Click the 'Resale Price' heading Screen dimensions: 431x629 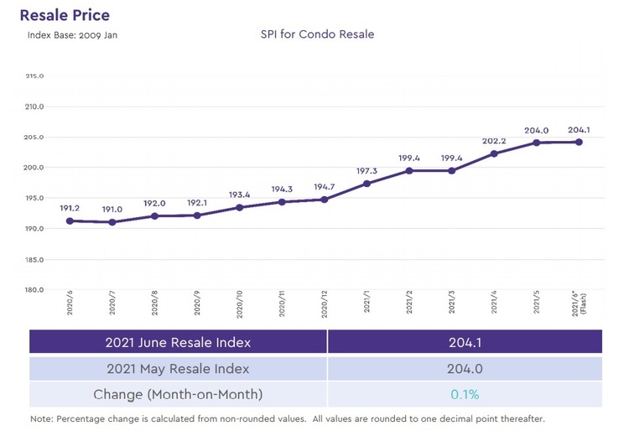[x=65, y=15]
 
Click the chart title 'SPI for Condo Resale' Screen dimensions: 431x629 [x=318, y=35]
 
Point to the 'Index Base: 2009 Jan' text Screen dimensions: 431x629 [x=70, y=35]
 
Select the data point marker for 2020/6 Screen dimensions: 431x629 [x=69, y=221]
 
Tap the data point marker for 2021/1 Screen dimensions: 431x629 [x=366, y=184]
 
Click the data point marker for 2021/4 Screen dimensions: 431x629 [x=494, y=153]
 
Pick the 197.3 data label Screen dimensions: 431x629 [x=366, y=170]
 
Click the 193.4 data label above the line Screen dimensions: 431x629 [x=239, y=195]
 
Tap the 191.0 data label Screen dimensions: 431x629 [x=112, y=209]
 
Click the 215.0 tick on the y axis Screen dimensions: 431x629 [x=35, y=76]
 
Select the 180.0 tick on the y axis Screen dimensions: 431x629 [x=35, y=290]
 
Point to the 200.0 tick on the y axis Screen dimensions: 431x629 [x=35, y=168]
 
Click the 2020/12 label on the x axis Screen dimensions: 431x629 [x=324, y=305]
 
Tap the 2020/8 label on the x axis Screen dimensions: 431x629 [x=154, y=305]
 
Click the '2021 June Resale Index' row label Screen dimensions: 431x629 [x=178, y=342]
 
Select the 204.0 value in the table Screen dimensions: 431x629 [x=464, y=368]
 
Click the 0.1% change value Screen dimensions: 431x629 [x=464, y=394]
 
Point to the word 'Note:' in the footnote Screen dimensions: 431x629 [x=42, y=418]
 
